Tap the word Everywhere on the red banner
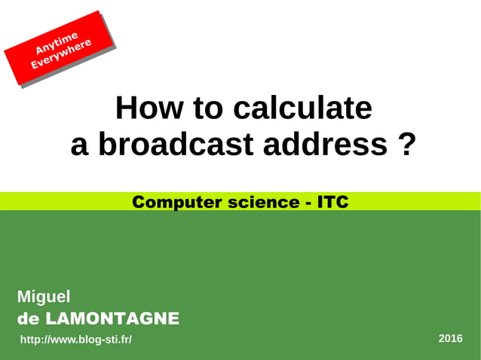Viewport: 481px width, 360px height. tap(62, 53)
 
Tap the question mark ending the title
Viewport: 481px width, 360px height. tap(406, 144)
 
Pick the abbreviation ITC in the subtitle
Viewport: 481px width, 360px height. tap(332, 202)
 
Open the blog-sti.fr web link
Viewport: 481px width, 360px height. tap(75, 340)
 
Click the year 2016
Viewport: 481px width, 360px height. tap(450, 338)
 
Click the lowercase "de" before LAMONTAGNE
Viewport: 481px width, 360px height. tap(28, 319)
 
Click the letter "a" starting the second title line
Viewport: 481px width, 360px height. tap(79, 144)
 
